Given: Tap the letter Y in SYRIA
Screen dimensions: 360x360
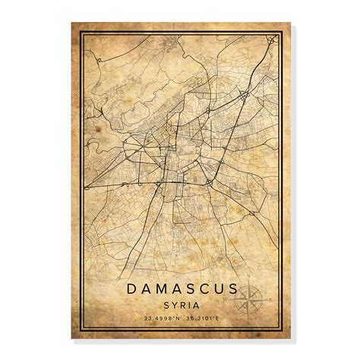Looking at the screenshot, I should coord(171,305).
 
